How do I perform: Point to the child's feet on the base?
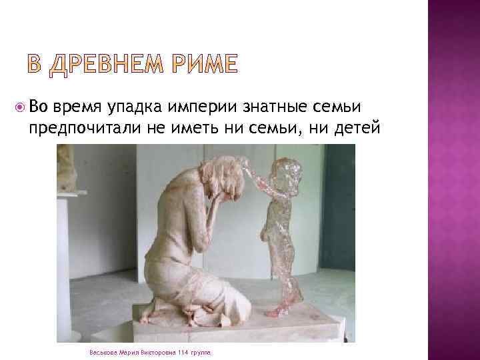coord(277,310)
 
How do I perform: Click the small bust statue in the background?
coord(65,167)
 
